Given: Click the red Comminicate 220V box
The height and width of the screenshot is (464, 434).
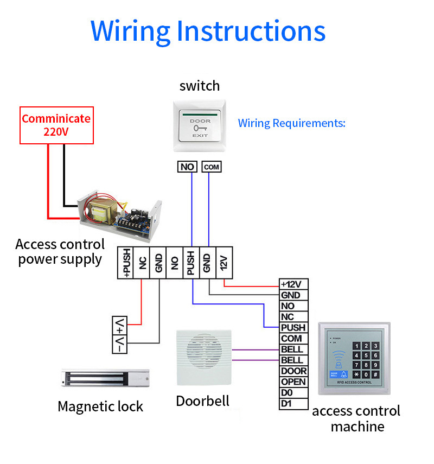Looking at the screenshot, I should click(x=56, y=125).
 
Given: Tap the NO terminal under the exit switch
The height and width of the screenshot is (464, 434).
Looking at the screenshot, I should click(x=187, y=167).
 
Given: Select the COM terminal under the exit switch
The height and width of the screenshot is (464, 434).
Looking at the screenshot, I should click(x=212, y=167).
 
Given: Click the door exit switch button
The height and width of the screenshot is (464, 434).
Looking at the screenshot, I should click(x=200, y=126).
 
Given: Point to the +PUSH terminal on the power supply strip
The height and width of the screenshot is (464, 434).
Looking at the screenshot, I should click(x=126, y=263).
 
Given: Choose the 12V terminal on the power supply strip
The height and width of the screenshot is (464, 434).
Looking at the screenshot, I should click(x=224, y=263).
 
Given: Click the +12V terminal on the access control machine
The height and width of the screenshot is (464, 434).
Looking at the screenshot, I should click(x=293, y=284).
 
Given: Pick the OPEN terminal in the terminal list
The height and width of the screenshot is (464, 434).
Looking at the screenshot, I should click(x=293, y=382).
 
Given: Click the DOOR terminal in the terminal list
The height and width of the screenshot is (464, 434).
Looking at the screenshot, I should click(x=293, y=371).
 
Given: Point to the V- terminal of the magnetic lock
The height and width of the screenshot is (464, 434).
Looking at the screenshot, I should click(x=119, y=344).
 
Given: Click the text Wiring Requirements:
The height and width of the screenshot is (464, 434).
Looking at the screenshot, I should click(x=291, y=123).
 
